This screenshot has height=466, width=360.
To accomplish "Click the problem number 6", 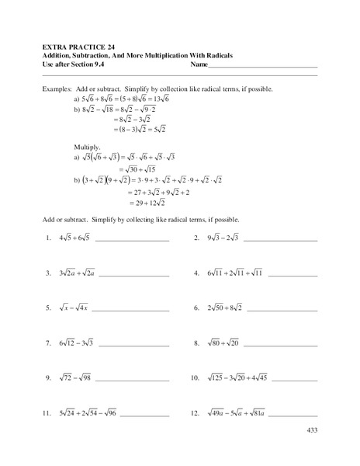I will [197, 309].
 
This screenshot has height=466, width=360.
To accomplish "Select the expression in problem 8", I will [225, 343].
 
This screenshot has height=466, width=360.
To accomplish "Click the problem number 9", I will [48, 378].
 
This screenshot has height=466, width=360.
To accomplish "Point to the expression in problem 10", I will [237, 378].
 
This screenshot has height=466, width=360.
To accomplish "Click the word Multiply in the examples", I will [85, 144].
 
